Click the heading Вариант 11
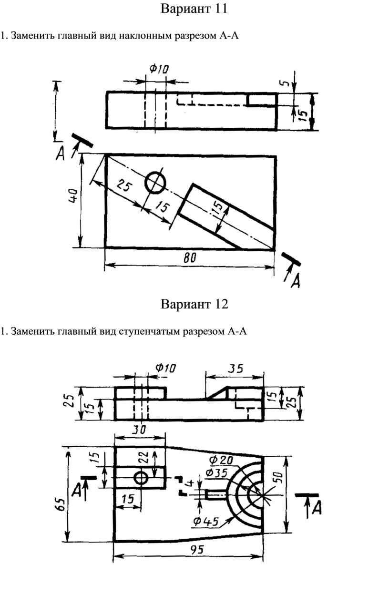(194, 9)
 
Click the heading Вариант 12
(194, 304)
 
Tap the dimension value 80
(190, 257)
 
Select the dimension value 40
(73, 196)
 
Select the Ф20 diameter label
(221, 460)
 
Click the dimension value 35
(236, 369)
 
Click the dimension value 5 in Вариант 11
(286, 83)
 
